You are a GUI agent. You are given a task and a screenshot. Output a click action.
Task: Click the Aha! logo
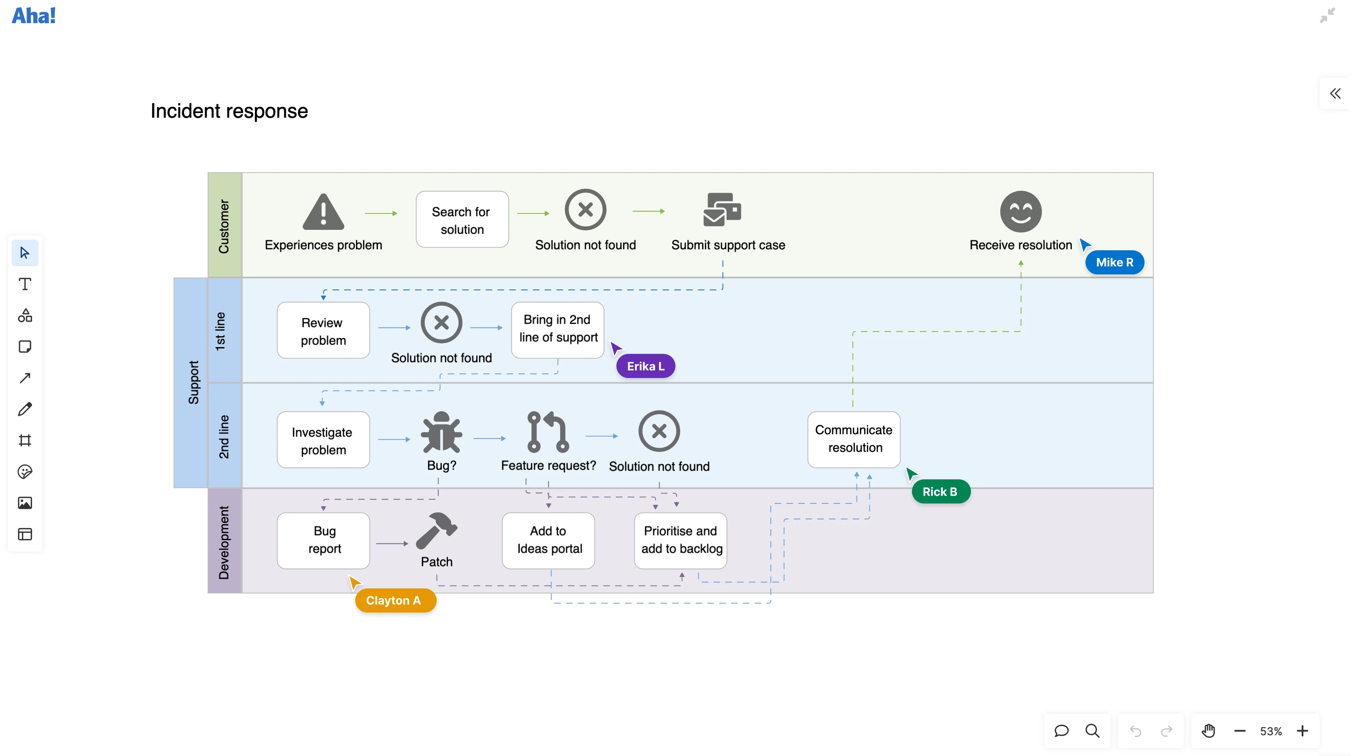tap(34, 16)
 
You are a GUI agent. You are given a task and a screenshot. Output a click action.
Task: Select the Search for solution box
tap(462, 220)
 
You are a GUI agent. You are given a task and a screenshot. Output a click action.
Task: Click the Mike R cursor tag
tap(1114, 262)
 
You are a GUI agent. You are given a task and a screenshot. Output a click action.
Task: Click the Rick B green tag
tap(941, 492)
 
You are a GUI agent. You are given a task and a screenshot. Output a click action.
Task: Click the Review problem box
tap(323, 331)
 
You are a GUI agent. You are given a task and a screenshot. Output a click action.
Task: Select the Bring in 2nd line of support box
tap(557, 329)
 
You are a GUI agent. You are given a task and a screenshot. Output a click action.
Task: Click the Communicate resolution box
tap(853, 439)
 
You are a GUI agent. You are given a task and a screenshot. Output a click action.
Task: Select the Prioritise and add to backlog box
tap(680, 540)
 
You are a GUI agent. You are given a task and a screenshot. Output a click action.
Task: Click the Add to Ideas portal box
tap(548, 540)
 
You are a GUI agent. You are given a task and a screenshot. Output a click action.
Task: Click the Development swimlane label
tap(224, 541)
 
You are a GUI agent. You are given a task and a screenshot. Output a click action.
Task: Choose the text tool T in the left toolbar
tap(25, 284)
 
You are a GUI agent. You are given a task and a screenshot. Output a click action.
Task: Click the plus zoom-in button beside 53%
tap(1302, 731)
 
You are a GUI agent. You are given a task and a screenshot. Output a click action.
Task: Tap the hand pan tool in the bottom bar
tap(1208, 731)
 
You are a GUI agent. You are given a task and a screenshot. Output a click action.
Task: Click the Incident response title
tap(229, 111)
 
